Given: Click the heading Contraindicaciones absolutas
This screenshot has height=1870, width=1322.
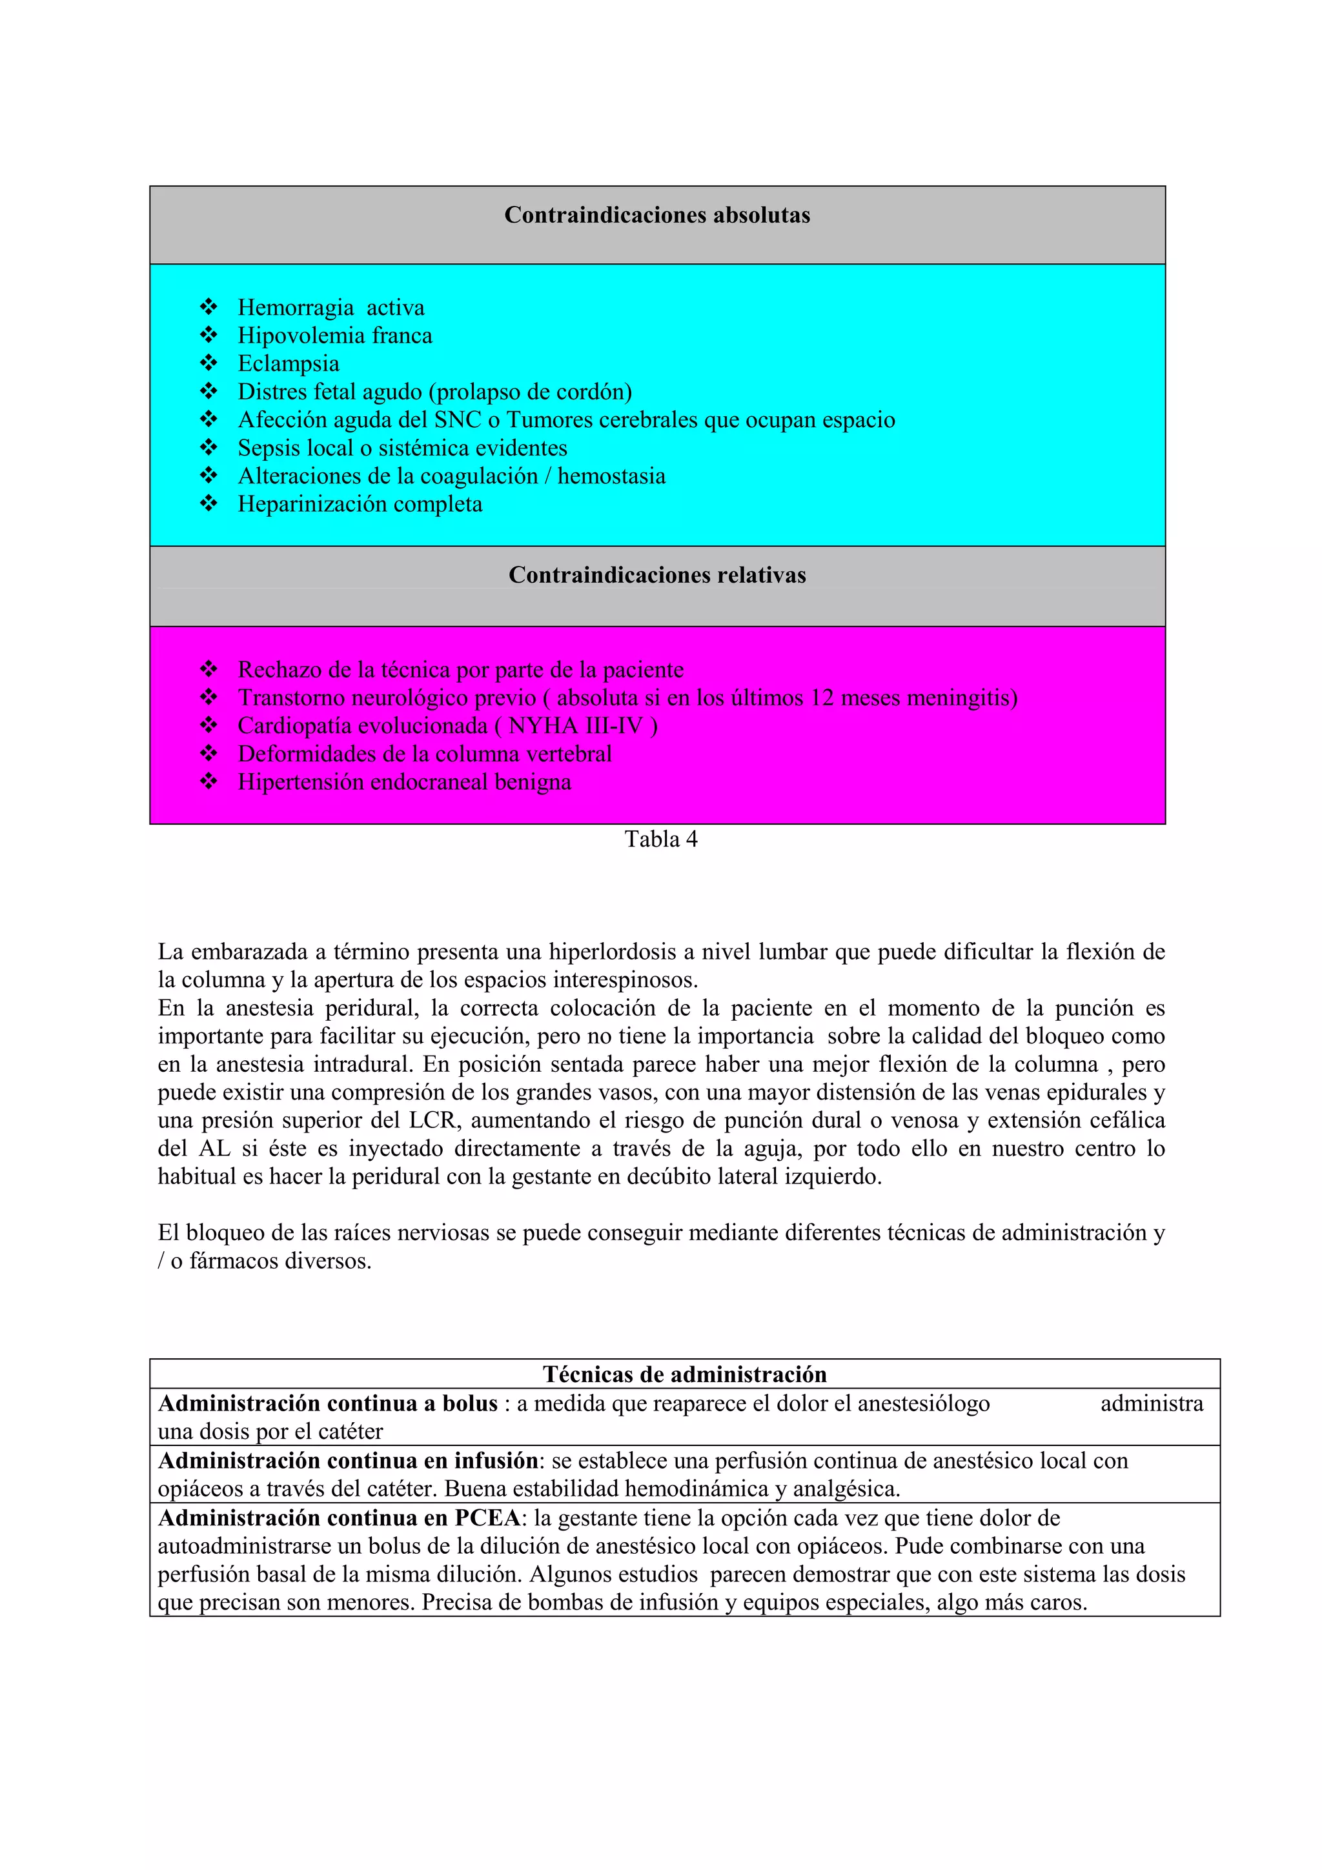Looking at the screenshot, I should point(656,215).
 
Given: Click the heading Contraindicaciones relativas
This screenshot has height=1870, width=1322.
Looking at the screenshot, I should point(656,575).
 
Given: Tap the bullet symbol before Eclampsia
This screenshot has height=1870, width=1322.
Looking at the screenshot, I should point(208,363).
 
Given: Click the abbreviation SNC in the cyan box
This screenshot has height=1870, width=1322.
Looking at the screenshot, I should point(458,420).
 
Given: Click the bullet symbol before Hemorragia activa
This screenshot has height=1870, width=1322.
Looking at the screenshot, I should point(208,307).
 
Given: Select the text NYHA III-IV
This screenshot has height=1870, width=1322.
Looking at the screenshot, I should point(575,726).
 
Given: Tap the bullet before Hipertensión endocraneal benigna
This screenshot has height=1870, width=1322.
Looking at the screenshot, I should point(208,781).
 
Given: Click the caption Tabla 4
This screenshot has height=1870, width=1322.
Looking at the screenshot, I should point(660,839).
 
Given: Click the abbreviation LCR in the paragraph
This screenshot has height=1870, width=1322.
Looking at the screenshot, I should point(434,1121).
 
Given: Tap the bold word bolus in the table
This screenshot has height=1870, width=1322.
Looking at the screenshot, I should point(469,1403).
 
